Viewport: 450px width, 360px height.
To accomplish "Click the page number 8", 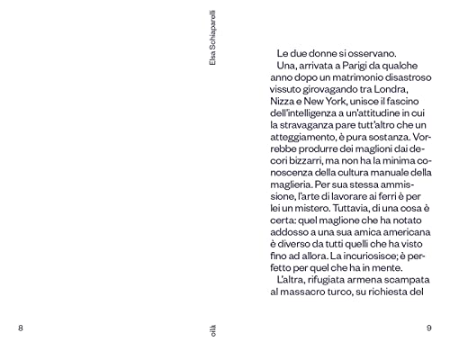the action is click(20, 328).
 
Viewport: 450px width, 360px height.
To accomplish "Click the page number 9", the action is click(429, 328).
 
